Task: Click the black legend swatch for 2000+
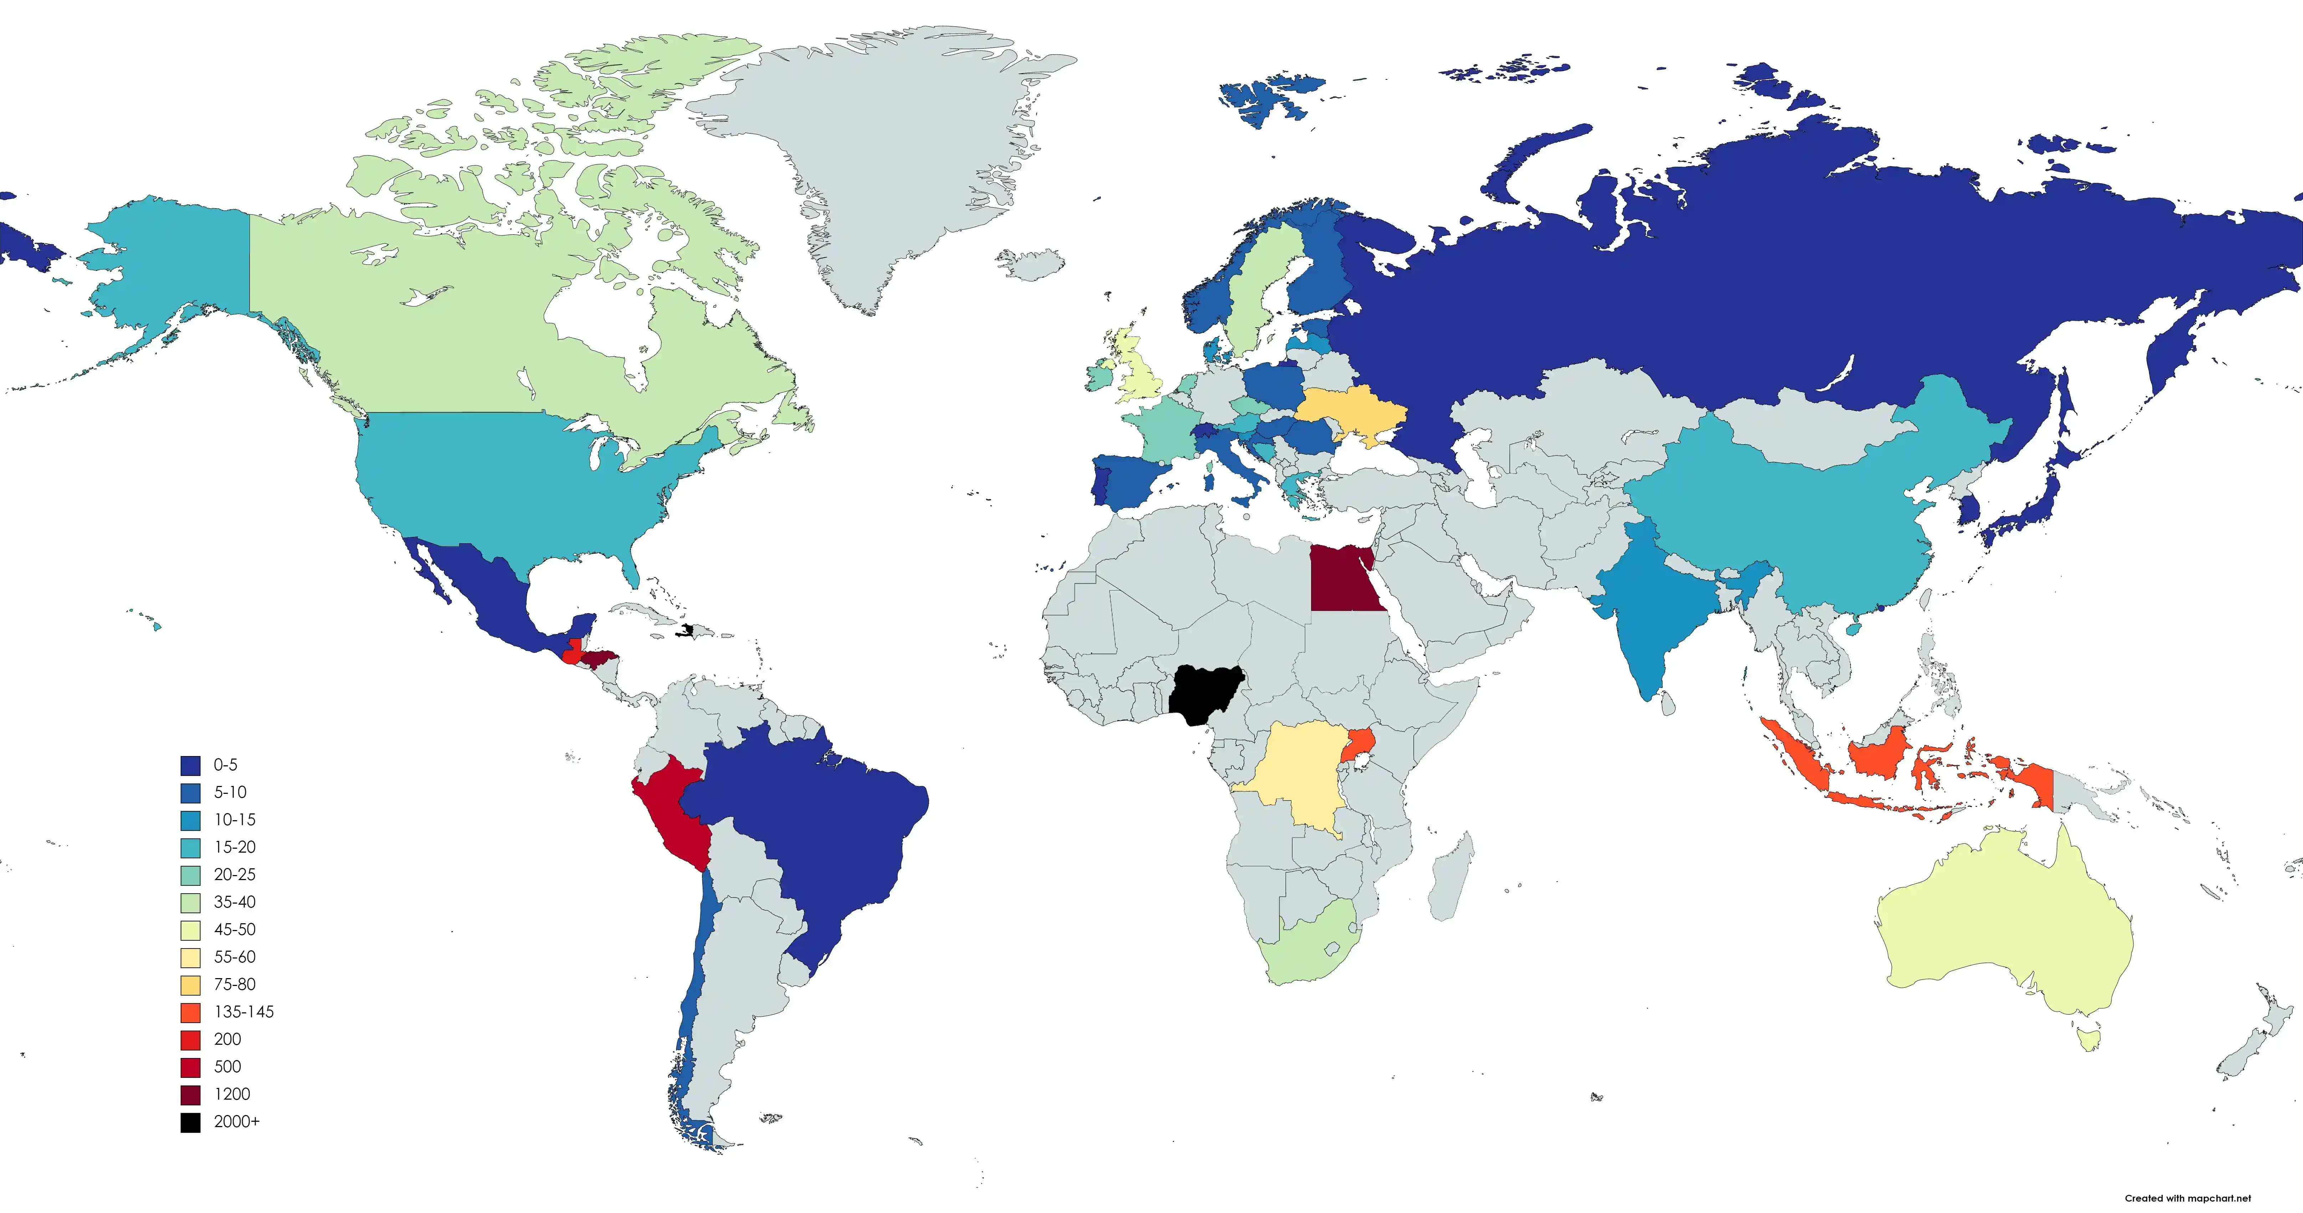tap(190, 1122)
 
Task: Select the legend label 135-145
tap(243, 1012)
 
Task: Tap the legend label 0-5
tap(225, 765)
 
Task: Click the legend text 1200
tap(232, 1094)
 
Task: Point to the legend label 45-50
tap(234, 930)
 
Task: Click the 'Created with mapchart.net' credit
tap(2187, 1198)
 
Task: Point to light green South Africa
tap(1305, 956)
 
